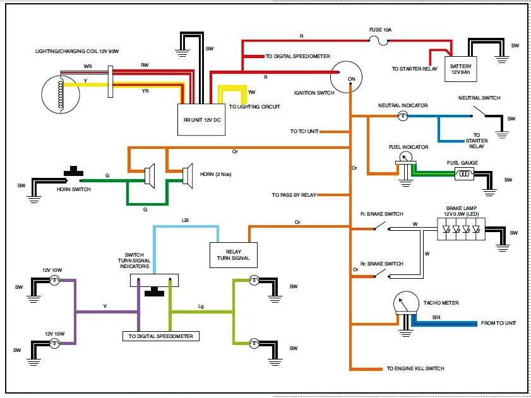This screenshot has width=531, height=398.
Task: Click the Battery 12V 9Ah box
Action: [x=460, y=69]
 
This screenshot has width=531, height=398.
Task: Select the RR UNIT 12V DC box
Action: [x=201, y=119]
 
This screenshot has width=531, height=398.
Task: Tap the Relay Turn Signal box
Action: [x=234, y=255]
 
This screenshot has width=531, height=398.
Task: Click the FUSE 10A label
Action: [x=380, y=30]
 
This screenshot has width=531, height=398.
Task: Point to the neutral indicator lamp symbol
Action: [x=402, y=116]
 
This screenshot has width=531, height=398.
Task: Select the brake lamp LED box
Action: [x=461, y=229]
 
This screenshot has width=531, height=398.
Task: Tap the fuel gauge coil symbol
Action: [x=464, y=174]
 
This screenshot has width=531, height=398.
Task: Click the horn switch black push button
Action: [x=73, y=172]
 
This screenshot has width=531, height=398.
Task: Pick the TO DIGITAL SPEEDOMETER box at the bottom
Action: [x=161, y=336]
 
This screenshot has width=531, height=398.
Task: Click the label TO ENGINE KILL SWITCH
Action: [x=415, y=368]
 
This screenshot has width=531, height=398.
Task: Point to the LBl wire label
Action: [x=185, y=220]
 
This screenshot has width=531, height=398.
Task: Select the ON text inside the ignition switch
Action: [x=352, y=79]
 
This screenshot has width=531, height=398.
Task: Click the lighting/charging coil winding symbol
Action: [x=61, y=95]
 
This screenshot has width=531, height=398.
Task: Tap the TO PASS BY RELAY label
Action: [x=294, y=195]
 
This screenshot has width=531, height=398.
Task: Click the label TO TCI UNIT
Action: [x=304, y=131]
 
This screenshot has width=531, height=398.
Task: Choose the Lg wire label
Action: [x=201, y=307]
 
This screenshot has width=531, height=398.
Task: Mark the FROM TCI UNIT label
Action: [x=499, y=323]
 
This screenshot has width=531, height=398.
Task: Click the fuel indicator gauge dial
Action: [x=405, y=157]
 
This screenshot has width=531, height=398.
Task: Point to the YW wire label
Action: [x=252, y=92]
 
